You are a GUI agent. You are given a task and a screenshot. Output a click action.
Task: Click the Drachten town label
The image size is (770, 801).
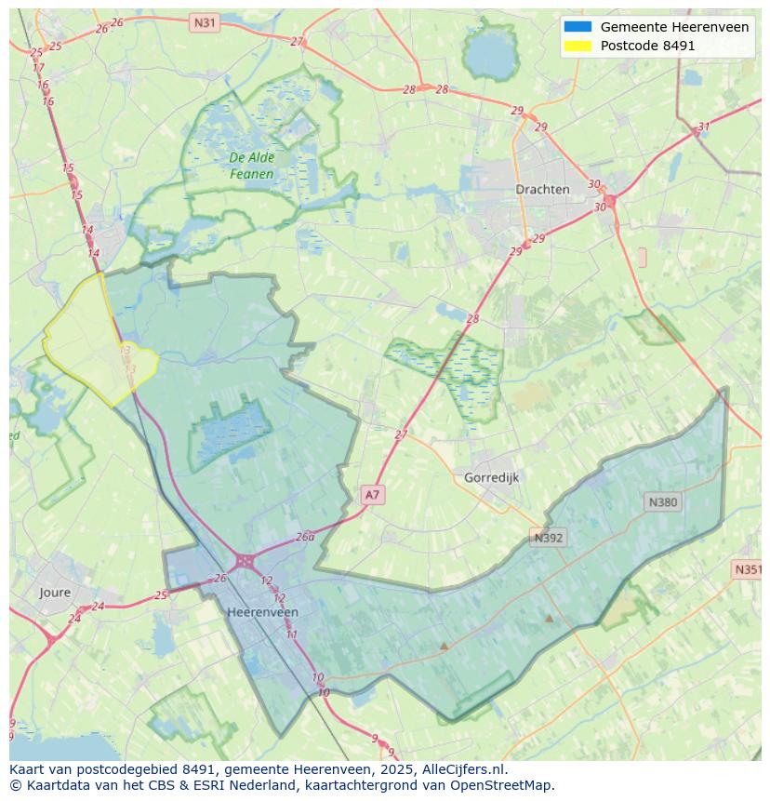[542, 189]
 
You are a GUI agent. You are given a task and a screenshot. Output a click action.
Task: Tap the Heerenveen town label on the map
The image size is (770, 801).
[262, 612]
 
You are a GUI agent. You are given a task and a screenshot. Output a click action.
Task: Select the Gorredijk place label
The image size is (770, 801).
[491, 477]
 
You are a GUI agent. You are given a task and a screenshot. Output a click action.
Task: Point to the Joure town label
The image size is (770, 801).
[55, 592]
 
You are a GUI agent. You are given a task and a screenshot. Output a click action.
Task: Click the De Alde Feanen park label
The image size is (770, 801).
[251, 166]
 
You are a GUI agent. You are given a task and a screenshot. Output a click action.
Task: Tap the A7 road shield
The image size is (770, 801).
[372, 495]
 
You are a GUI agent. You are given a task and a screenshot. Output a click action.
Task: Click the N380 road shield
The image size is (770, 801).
[662, 502]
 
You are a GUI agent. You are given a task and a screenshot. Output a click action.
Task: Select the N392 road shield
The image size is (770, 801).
[549, 538]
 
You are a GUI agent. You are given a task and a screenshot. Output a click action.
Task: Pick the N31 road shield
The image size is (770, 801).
[204, 21]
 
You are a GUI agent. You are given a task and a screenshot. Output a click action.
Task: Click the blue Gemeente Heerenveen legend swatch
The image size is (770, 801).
[577, 27]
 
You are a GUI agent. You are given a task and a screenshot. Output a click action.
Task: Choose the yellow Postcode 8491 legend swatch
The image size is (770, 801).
[577, 46]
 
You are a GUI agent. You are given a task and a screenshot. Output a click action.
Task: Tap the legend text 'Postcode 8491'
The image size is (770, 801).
[647, 46]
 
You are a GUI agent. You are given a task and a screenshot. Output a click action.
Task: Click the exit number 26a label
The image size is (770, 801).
[305, 537]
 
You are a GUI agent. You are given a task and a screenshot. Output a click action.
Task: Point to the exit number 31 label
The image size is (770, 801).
[704, 127]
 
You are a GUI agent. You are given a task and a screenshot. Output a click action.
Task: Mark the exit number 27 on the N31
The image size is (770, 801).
[297, 42]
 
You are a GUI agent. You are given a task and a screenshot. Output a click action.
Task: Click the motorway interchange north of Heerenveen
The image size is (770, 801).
[245, 560]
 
